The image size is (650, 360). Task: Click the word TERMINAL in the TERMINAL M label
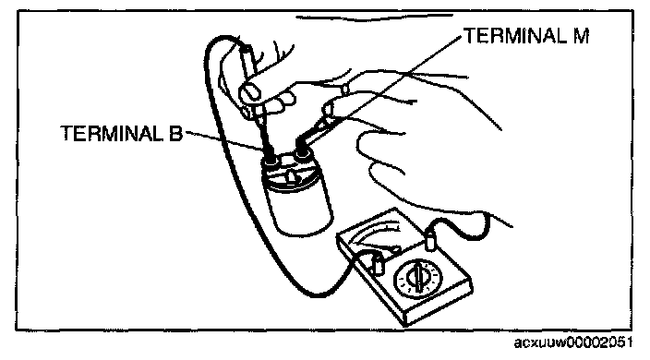[x=514, y=36]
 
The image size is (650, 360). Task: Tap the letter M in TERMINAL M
[x=581, y=36]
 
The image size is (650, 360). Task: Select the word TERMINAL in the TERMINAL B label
[x=112, y=133]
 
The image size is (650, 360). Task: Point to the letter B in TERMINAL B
[x=175, y=134]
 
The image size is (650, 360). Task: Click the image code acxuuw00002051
[x=573, y=342]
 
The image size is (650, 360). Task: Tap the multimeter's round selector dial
[x=417, y=277]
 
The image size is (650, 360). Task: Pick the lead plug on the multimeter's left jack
[x=378, y=265]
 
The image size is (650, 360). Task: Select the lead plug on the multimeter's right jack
[x=431, y=242]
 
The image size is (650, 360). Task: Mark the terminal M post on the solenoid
[x=304, y=154]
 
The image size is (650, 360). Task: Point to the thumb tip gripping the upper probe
[x=249, y=92]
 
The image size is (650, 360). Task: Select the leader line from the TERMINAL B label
[x=223, y=140]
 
